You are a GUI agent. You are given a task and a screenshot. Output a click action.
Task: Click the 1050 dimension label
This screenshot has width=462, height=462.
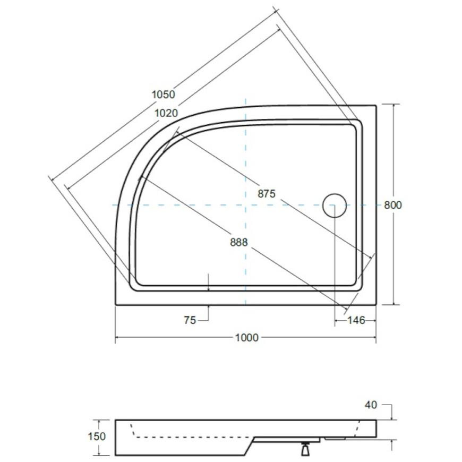(163, 95)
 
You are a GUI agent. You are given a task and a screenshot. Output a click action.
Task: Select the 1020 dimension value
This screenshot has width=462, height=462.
(166, 113)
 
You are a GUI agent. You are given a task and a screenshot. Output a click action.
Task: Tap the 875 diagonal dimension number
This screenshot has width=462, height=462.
(267, 194)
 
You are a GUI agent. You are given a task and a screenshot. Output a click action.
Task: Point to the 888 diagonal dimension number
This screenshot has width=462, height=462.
(238, 242)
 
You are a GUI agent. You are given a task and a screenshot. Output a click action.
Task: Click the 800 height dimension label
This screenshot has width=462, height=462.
(393, 205)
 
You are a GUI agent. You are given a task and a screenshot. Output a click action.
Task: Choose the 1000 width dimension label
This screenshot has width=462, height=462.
(247, 337)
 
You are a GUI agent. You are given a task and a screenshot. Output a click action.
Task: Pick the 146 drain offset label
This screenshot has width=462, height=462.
(356, 320)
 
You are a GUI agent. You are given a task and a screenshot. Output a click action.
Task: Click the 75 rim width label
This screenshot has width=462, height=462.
(190, 320)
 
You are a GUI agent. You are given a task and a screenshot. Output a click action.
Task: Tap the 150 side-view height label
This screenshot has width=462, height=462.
(97, 436)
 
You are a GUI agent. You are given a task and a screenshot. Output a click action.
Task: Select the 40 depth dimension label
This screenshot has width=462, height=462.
(371, 405)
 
